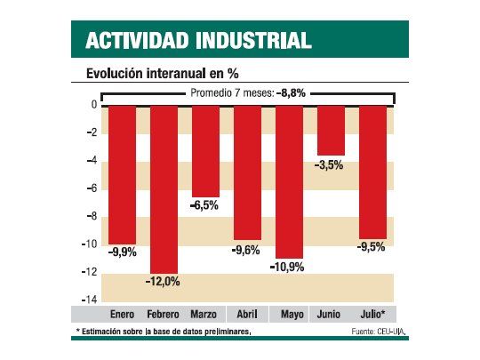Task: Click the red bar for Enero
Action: pos(123,174)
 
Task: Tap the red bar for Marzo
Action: pos(205,150)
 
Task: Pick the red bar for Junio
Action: pos(331,130)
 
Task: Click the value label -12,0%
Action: pos(163,282)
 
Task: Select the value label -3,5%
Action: pos(331,164)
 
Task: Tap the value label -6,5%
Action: pos(205,205)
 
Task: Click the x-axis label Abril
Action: pos(247,315)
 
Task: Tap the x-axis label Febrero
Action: pos(164,315)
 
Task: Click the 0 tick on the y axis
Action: pos(92,105)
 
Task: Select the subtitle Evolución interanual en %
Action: pos(163,72)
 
